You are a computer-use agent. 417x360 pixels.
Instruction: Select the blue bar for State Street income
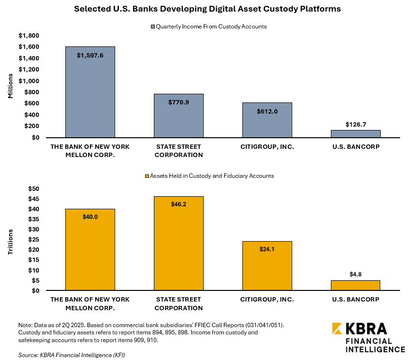click(179, 116)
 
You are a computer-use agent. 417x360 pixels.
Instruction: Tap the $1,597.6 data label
click(90, 55)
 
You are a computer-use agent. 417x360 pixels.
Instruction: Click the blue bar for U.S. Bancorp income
click(356, 134)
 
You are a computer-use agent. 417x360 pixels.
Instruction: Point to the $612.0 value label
click(267, 111)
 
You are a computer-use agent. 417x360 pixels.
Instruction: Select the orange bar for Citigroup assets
click(267, 266)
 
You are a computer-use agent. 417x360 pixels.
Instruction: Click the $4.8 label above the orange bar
click(356, 274)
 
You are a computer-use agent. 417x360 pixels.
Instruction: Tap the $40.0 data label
click(90, 216)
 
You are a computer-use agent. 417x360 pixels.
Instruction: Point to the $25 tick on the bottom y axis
click(33, 240)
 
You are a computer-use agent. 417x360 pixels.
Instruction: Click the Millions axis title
click(10, 86)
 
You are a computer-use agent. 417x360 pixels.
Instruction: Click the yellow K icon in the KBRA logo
click(338, 329)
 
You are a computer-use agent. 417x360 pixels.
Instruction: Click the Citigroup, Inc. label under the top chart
click(267, 146)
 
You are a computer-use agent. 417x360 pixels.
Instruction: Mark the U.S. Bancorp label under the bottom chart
click(356, 299)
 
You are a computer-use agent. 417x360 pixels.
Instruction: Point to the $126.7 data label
click(356, 124)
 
